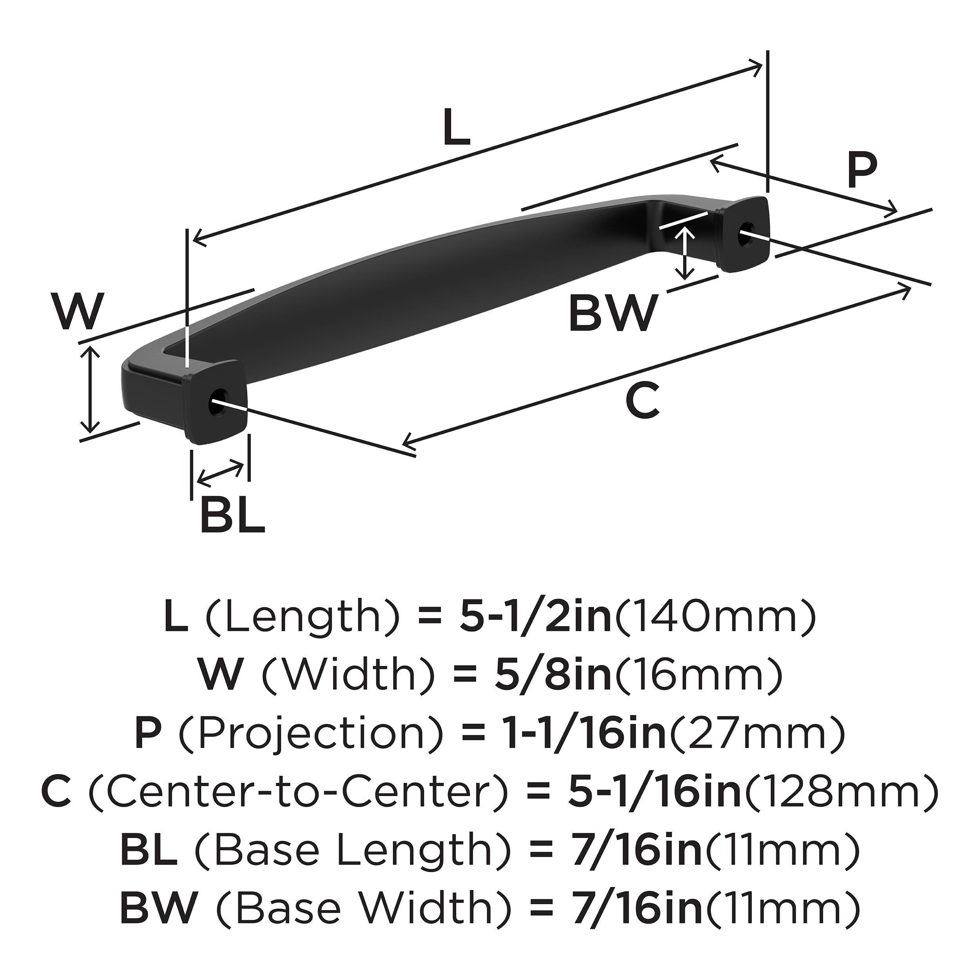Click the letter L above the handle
coord(457,128)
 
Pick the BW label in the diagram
coord(612,314)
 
